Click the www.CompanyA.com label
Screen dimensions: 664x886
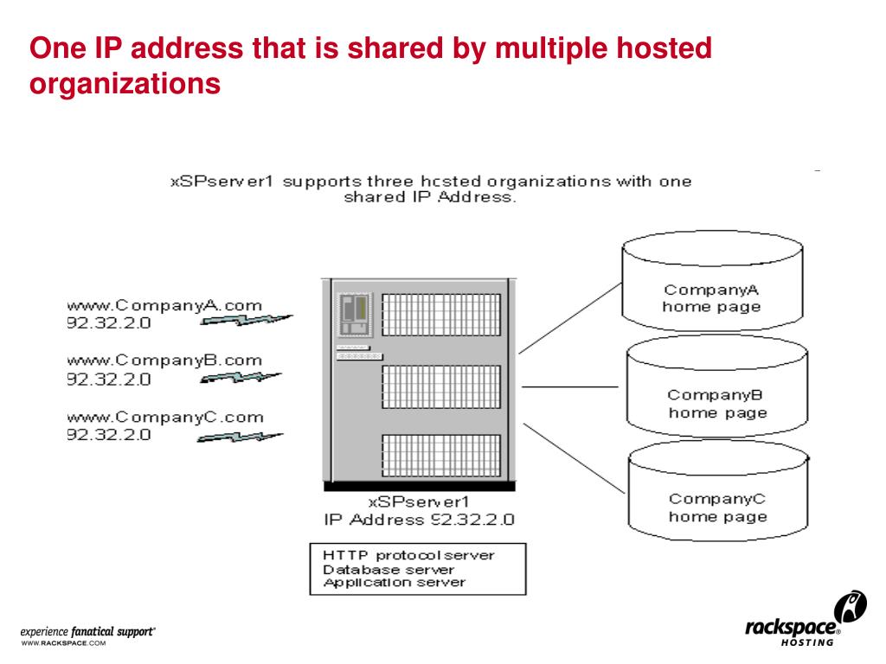165,306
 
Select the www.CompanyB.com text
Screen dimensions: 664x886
165,361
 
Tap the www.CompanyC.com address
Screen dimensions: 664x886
165,417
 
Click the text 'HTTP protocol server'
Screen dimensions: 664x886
408,555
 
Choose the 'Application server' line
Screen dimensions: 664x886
393,582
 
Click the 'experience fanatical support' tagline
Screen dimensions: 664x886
87,634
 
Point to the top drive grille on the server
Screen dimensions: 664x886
440,315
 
